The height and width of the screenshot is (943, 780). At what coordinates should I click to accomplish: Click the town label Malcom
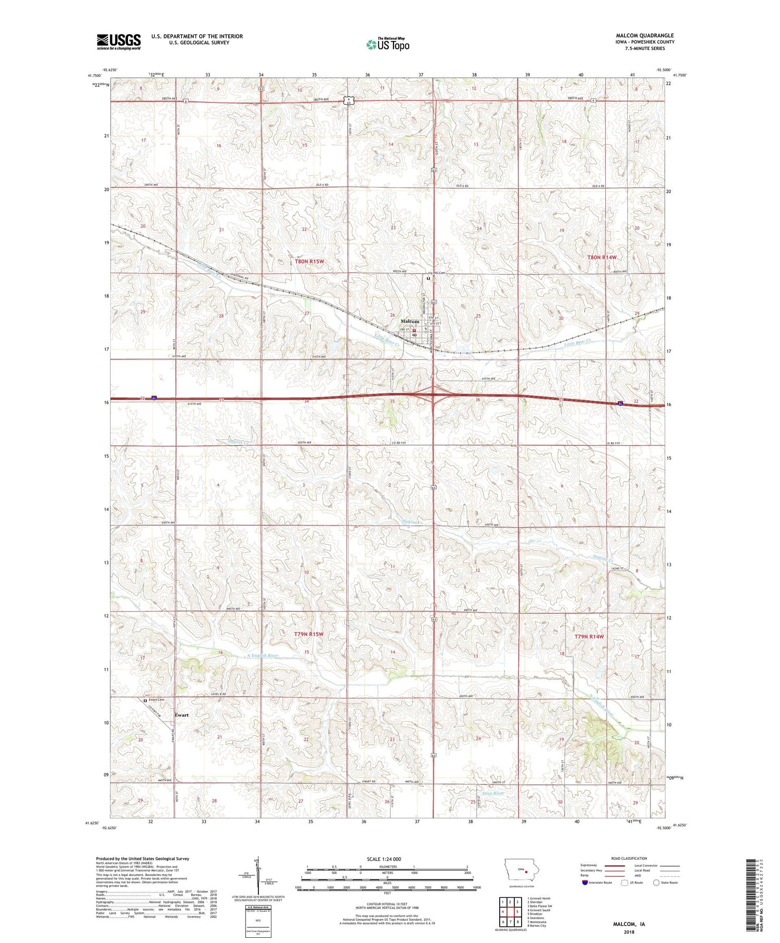click(x=409, y=321)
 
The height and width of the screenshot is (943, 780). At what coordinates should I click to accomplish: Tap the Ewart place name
click(x=181, y=715)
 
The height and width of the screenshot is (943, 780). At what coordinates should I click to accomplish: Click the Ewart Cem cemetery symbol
click(x=145, y=701)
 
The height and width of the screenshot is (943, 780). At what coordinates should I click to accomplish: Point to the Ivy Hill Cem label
click(x=437, y=273)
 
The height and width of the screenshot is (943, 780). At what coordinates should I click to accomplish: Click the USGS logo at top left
click(x=119, y=42)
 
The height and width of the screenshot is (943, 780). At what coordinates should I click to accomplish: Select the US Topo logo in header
click(x=387, y=45)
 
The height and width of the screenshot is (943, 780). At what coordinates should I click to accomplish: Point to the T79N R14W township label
click(x=589, y=637)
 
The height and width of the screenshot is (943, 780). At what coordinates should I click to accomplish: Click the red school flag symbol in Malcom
click(x=414, y=330)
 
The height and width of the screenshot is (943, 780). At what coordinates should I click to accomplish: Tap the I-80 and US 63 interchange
click(x=433, y=397)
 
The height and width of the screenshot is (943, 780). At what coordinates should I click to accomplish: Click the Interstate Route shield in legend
click(x=585, y=883)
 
